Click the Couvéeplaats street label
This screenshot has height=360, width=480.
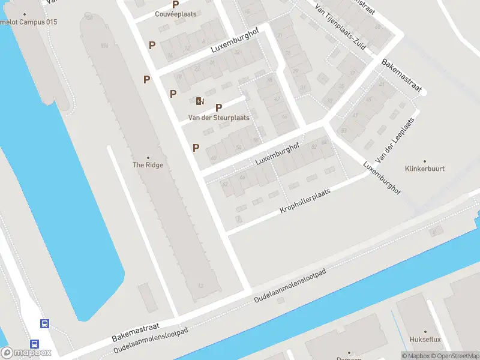[176, 14]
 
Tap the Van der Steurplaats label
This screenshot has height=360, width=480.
[219, 118]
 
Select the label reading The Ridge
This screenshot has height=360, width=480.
[148, 165]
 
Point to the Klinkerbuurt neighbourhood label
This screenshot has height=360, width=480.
[425, 169]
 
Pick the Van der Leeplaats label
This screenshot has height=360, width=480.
[395, 139]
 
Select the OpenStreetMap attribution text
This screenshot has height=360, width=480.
[454, 356]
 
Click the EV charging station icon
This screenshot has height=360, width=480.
[200, 101]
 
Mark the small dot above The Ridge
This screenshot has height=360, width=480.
[148, 158]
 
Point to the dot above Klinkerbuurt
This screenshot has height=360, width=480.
[425, 161]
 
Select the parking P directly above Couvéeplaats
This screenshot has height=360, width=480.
[176, 4]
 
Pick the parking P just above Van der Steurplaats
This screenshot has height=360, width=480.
[219, 107]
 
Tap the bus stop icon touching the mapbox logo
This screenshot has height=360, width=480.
[35, 345]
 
